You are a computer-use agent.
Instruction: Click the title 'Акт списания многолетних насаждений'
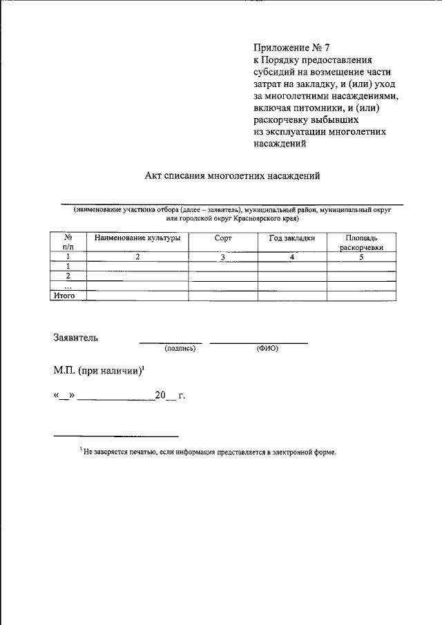pos(233,176)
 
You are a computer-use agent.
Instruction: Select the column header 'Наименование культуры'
pos(137,238)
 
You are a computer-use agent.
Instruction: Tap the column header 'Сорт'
pos(223,238)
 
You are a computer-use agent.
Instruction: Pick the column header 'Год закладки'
pos(292,238)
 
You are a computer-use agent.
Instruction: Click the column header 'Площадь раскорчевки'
pos(361,242)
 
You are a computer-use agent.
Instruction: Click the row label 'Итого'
pos(64,295)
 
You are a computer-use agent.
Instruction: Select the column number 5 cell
pos(361,257)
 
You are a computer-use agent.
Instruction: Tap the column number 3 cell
pos(223,257)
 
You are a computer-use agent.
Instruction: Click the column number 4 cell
pos(292,257)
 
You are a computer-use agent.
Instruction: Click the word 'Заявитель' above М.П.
pos(76,338)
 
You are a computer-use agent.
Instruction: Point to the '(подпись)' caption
pos(180,349)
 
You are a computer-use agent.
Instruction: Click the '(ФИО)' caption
pos(267,349)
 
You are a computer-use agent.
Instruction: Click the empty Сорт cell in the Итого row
pos(223,296)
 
